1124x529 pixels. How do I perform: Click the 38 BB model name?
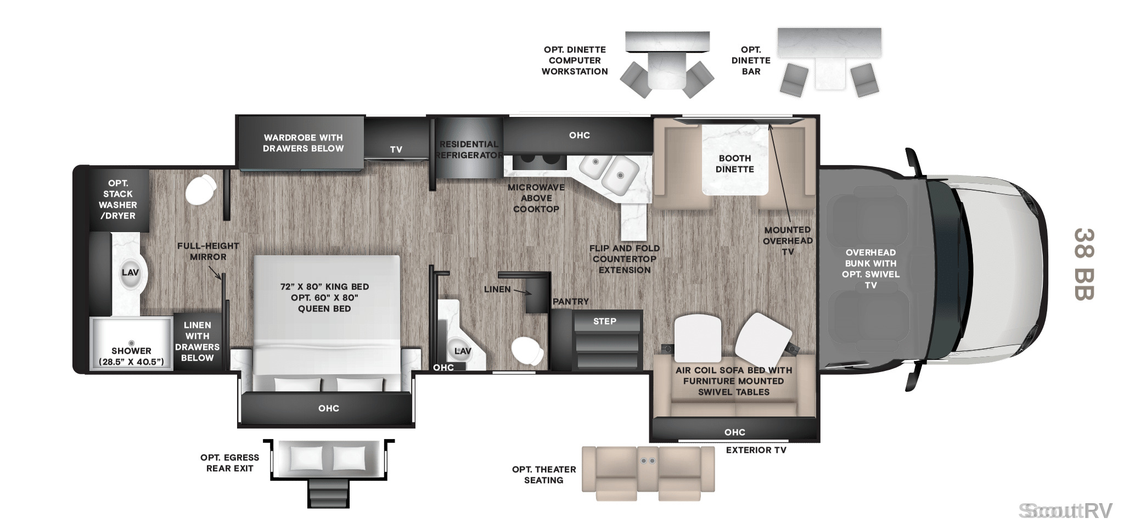click(x=1084, y=264)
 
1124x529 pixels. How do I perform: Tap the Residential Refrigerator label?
click(x=469, y=150)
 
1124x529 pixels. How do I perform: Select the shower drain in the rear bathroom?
click(x=131, y=343)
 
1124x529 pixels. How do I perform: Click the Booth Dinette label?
click(x=735, y=164)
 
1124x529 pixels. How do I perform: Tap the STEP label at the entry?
click(x=605, y=321)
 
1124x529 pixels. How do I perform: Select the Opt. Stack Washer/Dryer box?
click(x=119, y=200)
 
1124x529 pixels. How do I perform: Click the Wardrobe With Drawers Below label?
click(x=303, y=143)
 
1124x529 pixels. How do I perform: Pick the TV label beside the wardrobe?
click(x=396, y=149)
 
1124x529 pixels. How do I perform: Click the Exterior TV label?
click(x=756, y=450)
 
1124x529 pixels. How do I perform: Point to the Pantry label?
click(x=571, y=301)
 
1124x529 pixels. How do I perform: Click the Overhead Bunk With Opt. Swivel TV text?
click(x=871, y=269)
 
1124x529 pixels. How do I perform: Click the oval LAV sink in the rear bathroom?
click(x=131, y=273)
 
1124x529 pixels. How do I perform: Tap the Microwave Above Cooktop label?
click(x=536, y=198)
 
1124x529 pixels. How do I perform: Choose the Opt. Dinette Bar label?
click(x=751, y=60)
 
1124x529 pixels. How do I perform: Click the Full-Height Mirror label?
click(x=208, y=251)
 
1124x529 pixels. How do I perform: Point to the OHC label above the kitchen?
click(x=580, y=135)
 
